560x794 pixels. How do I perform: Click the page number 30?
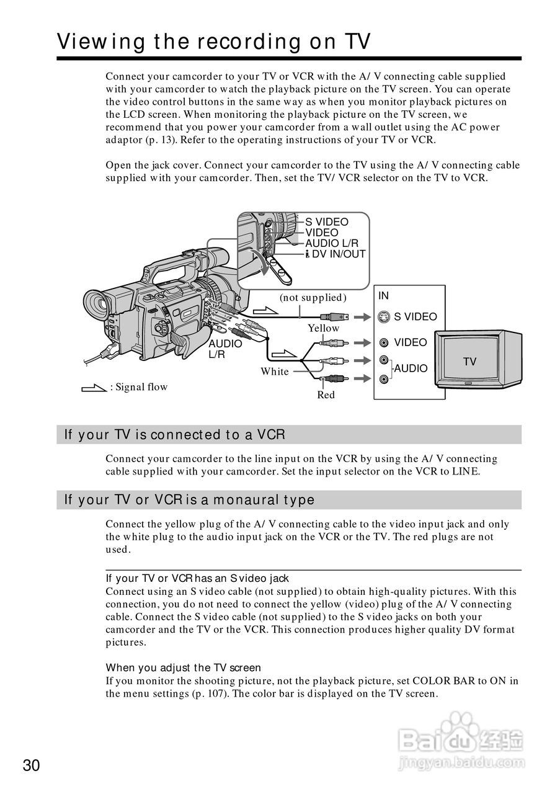tap(31, 765)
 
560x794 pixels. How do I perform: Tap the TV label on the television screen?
tap(469, 362)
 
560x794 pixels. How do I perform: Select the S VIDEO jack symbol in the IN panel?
tap(384, 317)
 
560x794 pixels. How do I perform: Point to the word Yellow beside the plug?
tap(324, 328)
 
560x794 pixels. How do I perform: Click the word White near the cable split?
tap(275, 372)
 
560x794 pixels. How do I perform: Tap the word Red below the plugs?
tap(326, 395)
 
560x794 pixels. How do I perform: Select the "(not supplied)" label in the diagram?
tap(313, 298)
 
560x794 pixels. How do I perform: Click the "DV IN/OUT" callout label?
tap(338, 254)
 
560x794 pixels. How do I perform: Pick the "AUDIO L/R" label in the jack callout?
tap(331, 244)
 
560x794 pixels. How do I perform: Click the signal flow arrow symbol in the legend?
tap(94, 388)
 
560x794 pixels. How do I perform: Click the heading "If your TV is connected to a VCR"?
tap(175, 435)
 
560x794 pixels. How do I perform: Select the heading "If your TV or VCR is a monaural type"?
tap(190, 500)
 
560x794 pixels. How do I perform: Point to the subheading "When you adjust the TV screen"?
tap(184, 667)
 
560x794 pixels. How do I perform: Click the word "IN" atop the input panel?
tap(384, 296)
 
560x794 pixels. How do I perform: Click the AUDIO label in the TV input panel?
tap(411, 368)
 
